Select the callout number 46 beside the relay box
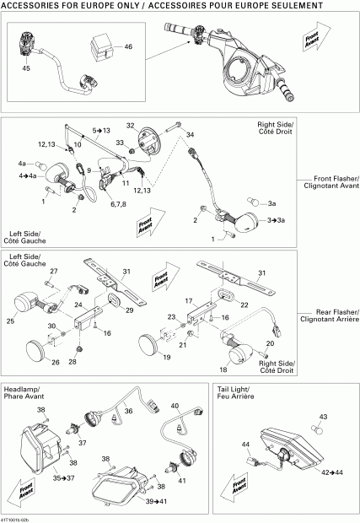click(128, 46)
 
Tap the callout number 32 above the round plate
click(131, 125)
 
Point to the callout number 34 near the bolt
click(190, 135)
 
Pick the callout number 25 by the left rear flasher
click(11, 321)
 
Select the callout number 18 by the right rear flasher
click(223, 369)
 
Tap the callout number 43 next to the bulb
click(321, 417)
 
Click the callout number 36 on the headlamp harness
click(129, 411)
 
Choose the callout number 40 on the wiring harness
click(175, 407)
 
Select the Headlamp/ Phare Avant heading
click(24, 393)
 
